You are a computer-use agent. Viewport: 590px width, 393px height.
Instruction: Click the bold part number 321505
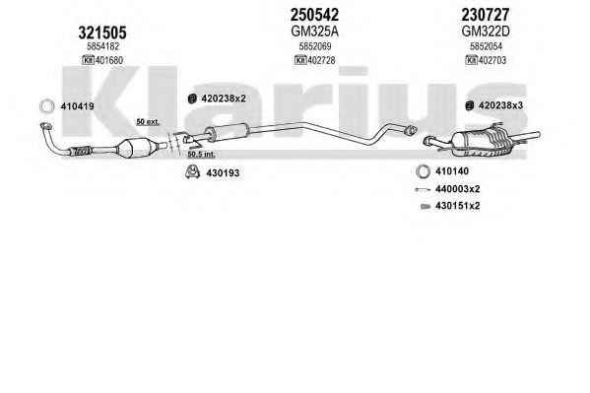pyautogui.click(x=102, y=33)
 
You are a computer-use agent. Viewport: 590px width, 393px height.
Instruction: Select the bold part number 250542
pyautogui.click(x=314, y=15)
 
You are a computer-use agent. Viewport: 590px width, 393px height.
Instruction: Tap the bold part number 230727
pyautogui.click(x=486, y=15)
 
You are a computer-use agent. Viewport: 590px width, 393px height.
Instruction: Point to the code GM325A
pyautogui.click(x=314, y=32)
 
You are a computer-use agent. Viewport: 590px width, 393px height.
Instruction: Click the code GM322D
pyautogui.click(x=486, y=32)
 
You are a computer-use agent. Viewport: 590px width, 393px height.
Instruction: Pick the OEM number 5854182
pyautogui.click(x=102, y=46)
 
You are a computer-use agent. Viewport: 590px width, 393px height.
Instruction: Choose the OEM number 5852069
pyautogui.click(x=315, y=46)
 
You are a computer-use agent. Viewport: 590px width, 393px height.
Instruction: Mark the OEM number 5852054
pyautogui.click(x=486, y=46)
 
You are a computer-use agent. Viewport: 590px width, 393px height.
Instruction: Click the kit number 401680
pyautogui.click(x=109, y=60)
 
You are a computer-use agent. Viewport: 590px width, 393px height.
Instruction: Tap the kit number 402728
pyautogui.click(x=321, y=60)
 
